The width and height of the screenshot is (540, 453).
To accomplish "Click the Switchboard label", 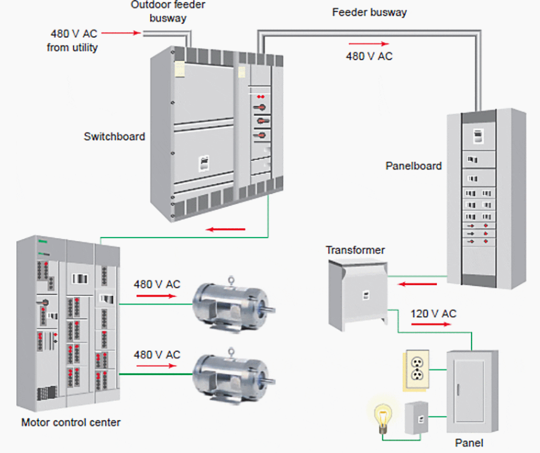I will coord(114,136).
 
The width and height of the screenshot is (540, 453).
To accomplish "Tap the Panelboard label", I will coord(413,166).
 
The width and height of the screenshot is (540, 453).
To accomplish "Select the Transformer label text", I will coord(355,250).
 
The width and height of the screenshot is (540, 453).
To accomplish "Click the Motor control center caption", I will coord(70,422).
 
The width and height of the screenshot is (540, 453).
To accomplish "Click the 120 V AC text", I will coord(433,314).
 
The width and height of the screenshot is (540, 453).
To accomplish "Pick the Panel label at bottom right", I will coord(469,443).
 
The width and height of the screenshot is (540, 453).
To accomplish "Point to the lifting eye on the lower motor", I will coord(231,352).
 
